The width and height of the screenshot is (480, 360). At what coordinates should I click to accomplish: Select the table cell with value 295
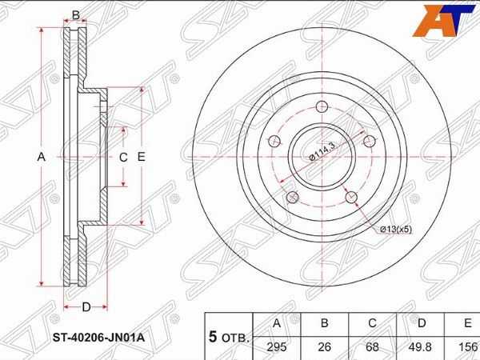[277, 346]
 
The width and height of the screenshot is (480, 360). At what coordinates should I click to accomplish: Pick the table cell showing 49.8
[421, 346]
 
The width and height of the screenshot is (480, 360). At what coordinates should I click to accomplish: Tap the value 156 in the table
[467, 346]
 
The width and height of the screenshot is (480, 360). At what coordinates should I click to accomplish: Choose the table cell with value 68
[373, 346]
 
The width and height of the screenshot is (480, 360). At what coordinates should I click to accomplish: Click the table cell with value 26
[325, 346]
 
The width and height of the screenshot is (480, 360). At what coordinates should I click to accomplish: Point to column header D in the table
[421, 323]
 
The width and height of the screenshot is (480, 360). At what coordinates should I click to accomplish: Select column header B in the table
[325, 323]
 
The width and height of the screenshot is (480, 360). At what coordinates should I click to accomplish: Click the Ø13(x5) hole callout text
[394, 230]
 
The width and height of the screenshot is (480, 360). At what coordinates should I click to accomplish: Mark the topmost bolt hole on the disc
[322, 108]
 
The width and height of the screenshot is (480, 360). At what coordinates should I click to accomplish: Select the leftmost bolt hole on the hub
[274, 142]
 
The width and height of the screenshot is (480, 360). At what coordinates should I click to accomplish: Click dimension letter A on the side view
[42, 158]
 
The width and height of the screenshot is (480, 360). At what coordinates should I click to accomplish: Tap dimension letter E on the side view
[141, 158]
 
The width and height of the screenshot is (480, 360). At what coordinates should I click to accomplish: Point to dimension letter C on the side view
[123, 158]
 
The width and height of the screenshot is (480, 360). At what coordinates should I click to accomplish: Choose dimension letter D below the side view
[86, 306]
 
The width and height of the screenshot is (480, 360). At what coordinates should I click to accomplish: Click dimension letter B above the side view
[76, 14]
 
